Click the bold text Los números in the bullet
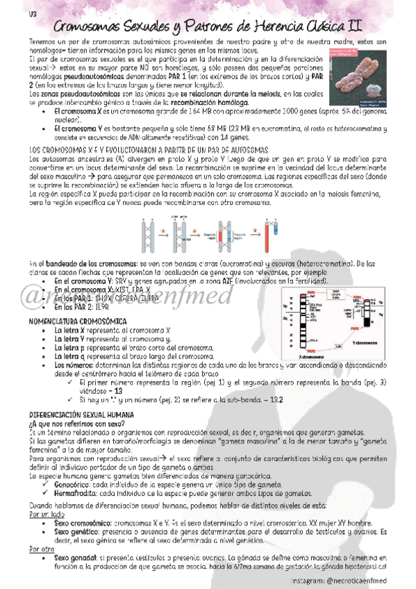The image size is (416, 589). pyautogui.click(x=73, y=365)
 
